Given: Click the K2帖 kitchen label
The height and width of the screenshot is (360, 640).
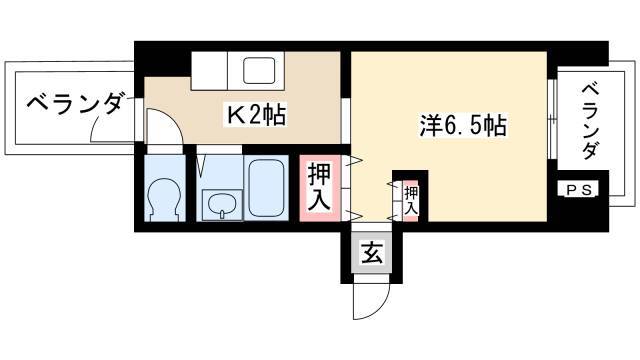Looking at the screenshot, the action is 256,115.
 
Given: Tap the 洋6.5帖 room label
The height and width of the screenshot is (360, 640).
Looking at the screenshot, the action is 463,126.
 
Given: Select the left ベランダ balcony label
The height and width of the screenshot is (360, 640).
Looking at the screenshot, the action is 74,102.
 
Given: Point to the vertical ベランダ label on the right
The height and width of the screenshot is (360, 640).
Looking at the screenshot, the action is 590,121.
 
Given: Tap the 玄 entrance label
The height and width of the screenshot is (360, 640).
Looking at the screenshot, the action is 372,253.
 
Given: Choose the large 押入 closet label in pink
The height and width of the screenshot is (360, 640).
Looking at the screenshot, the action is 319,187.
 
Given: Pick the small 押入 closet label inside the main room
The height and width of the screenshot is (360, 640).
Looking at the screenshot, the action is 411,200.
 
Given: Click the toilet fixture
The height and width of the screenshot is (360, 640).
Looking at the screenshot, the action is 164,200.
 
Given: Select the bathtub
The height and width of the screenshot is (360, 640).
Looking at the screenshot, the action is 266,187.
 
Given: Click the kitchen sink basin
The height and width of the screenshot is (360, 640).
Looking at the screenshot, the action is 259,70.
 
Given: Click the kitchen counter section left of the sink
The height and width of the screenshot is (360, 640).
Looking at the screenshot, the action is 209,70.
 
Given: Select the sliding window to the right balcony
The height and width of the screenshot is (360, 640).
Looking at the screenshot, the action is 552,118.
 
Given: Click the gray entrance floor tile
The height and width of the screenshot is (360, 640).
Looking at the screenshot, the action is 372,253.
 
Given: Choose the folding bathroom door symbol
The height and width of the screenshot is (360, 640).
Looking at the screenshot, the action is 201,164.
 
